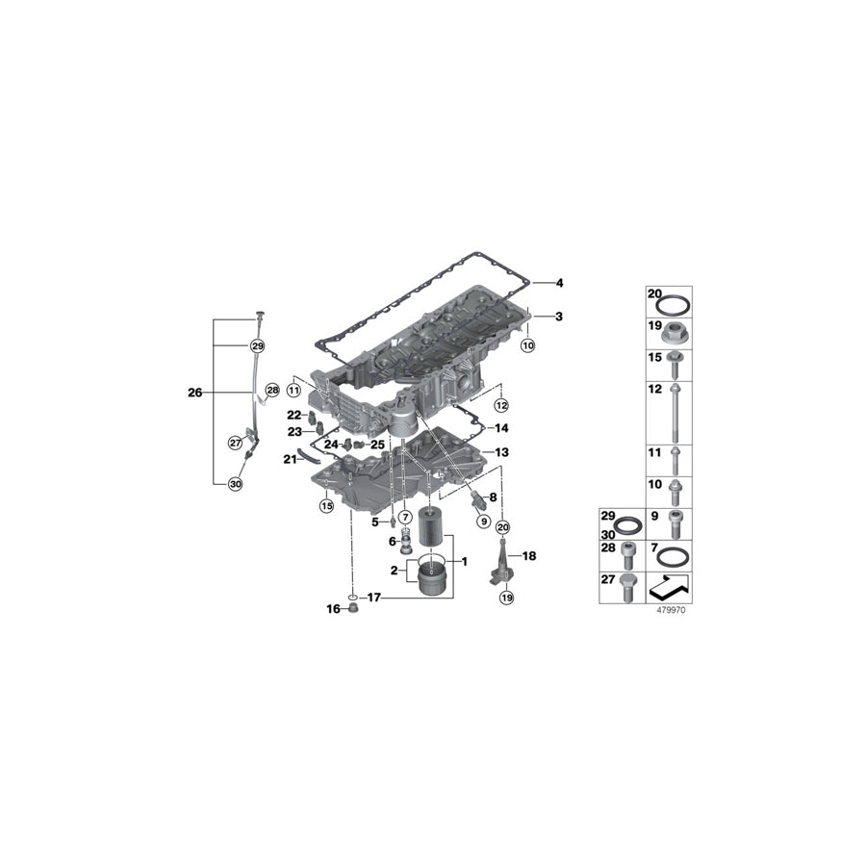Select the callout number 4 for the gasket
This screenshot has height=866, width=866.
[x=559, y=283]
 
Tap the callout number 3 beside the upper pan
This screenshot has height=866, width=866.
[x=559, y=317]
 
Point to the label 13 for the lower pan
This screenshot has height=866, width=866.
[x=501, y=452]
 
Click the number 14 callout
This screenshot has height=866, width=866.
[x=501, y=427]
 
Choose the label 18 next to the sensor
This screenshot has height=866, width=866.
[x=528, y=556]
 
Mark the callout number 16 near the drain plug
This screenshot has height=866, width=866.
[x=333, y=609]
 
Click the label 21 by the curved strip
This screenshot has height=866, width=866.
[x=289, y=460]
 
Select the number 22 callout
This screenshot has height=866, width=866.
[x=294, y=414]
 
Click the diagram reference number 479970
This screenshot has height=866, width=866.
[x=671, y=609]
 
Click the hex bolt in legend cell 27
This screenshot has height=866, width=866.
[x=627, y=585]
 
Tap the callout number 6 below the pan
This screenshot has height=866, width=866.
[x=393, y=542]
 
